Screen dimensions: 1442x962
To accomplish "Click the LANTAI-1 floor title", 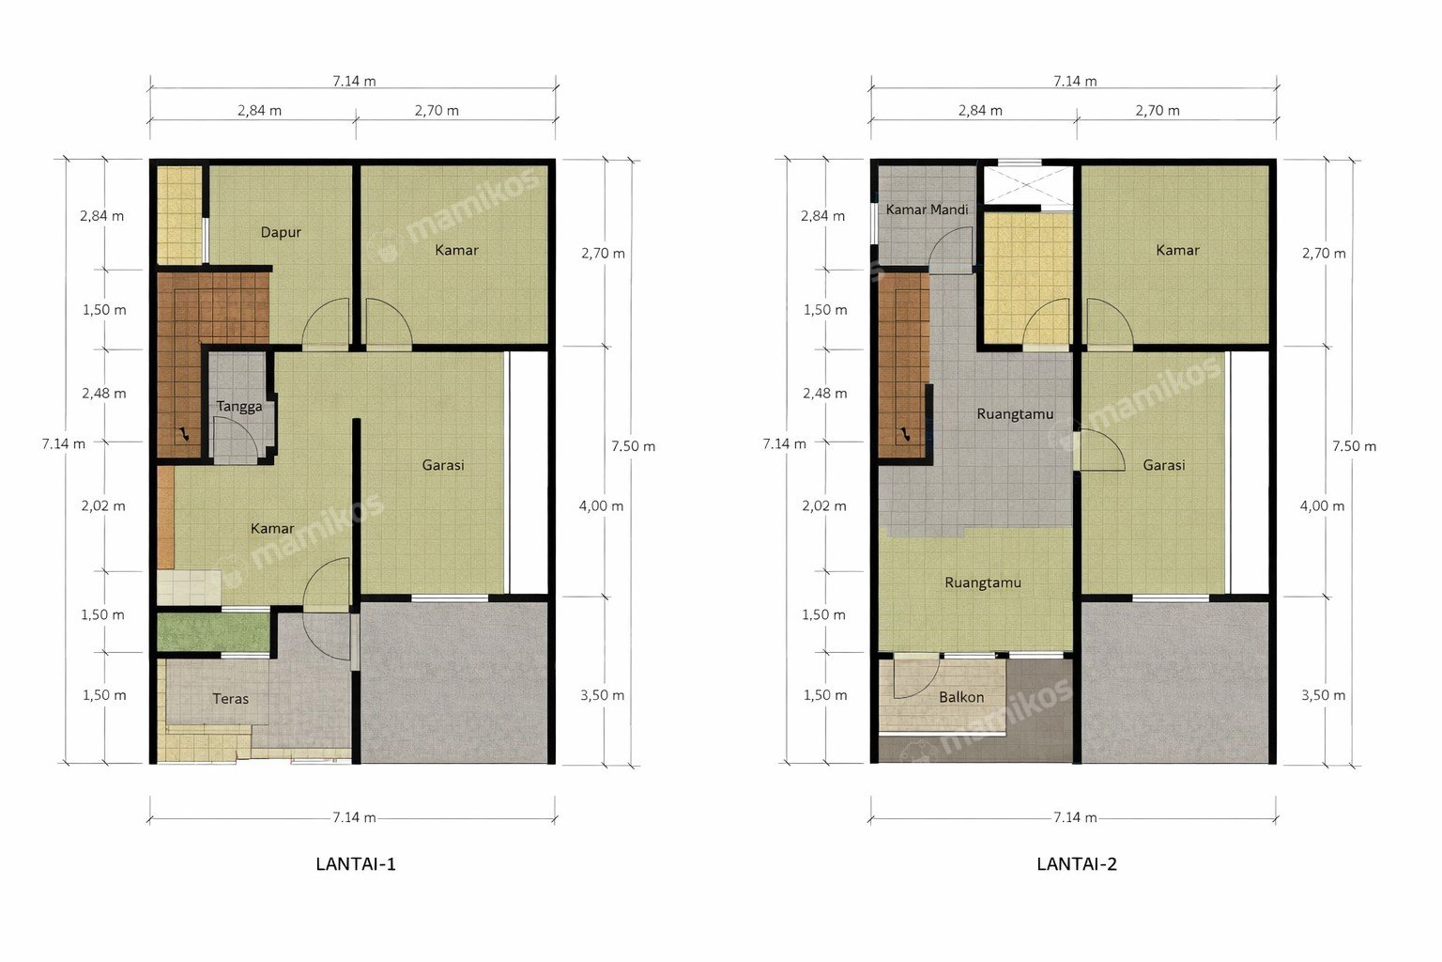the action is point(356,864).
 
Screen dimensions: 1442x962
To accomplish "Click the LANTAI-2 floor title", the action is point(1077,864).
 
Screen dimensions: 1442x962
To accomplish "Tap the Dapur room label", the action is point(281,232).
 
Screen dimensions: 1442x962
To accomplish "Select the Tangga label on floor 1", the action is point(238,407).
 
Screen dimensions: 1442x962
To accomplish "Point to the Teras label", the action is point(230,698).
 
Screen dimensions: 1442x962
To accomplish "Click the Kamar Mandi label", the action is point(927,209).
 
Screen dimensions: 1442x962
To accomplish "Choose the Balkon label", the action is point(961,697).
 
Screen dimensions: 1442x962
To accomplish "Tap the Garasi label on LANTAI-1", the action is point(443,465).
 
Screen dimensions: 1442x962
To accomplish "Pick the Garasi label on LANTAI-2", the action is point(1164,465).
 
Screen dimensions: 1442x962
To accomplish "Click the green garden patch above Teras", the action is point(213,632).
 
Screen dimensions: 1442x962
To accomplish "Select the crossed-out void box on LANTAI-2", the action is point(1029,184).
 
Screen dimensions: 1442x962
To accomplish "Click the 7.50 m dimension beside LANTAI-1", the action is point(634,446).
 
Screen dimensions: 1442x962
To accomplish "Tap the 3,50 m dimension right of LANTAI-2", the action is point(1323,695).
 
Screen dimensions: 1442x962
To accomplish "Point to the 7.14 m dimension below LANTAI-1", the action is point(354,817).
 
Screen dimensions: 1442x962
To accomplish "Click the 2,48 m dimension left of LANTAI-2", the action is point(824,393).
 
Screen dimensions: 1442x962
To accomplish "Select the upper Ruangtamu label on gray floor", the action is point(1015,413).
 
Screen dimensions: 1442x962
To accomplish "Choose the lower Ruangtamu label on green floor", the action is point(983,582).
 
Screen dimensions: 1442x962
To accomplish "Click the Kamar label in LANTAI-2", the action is point(1177,250).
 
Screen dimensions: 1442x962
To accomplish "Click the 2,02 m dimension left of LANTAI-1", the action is point(103,505).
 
